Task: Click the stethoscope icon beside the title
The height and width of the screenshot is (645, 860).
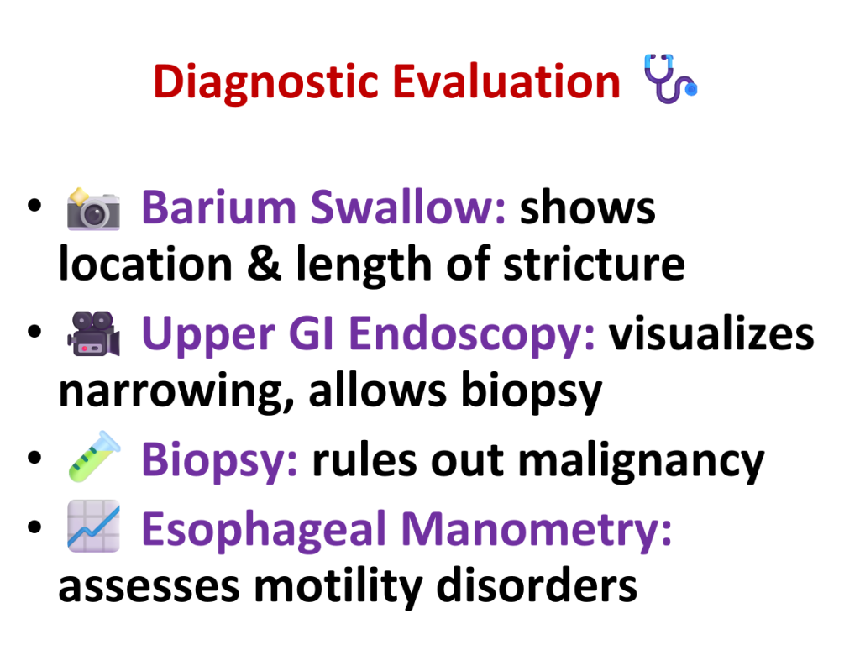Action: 669,79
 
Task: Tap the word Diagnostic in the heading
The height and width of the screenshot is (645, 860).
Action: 266,83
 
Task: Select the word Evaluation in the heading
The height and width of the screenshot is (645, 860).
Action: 506,81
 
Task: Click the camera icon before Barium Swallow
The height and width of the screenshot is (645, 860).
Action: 93,209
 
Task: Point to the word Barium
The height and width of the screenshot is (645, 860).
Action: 219,207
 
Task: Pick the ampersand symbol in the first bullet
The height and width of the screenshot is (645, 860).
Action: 264,263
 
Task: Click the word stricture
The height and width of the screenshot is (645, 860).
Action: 594,264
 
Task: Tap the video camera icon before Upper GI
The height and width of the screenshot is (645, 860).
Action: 93,334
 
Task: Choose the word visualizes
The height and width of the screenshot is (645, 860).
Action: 711,333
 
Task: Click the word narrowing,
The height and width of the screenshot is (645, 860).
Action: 176,391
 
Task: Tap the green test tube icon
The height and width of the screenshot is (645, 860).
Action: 94,457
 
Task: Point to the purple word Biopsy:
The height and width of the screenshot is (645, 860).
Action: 220,461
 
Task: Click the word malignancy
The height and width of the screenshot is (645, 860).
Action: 641,462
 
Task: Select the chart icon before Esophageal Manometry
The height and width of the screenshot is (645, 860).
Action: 93,526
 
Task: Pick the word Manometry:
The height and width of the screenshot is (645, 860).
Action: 537,531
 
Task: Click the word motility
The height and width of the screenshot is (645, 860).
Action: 338,587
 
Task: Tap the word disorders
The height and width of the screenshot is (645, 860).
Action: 537,585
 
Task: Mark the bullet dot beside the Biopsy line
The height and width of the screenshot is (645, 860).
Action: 34,457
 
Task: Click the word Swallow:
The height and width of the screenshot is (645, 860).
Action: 407,207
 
